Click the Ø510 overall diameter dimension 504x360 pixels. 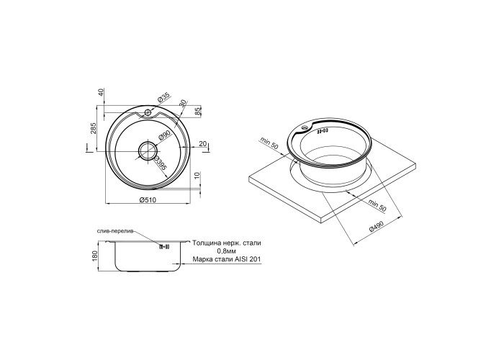(148, 200)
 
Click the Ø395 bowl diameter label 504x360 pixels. (160, 163)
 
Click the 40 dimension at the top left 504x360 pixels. (102, 93)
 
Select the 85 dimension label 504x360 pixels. (198, 111)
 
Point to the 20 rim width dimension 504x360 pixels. (203, 144)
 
